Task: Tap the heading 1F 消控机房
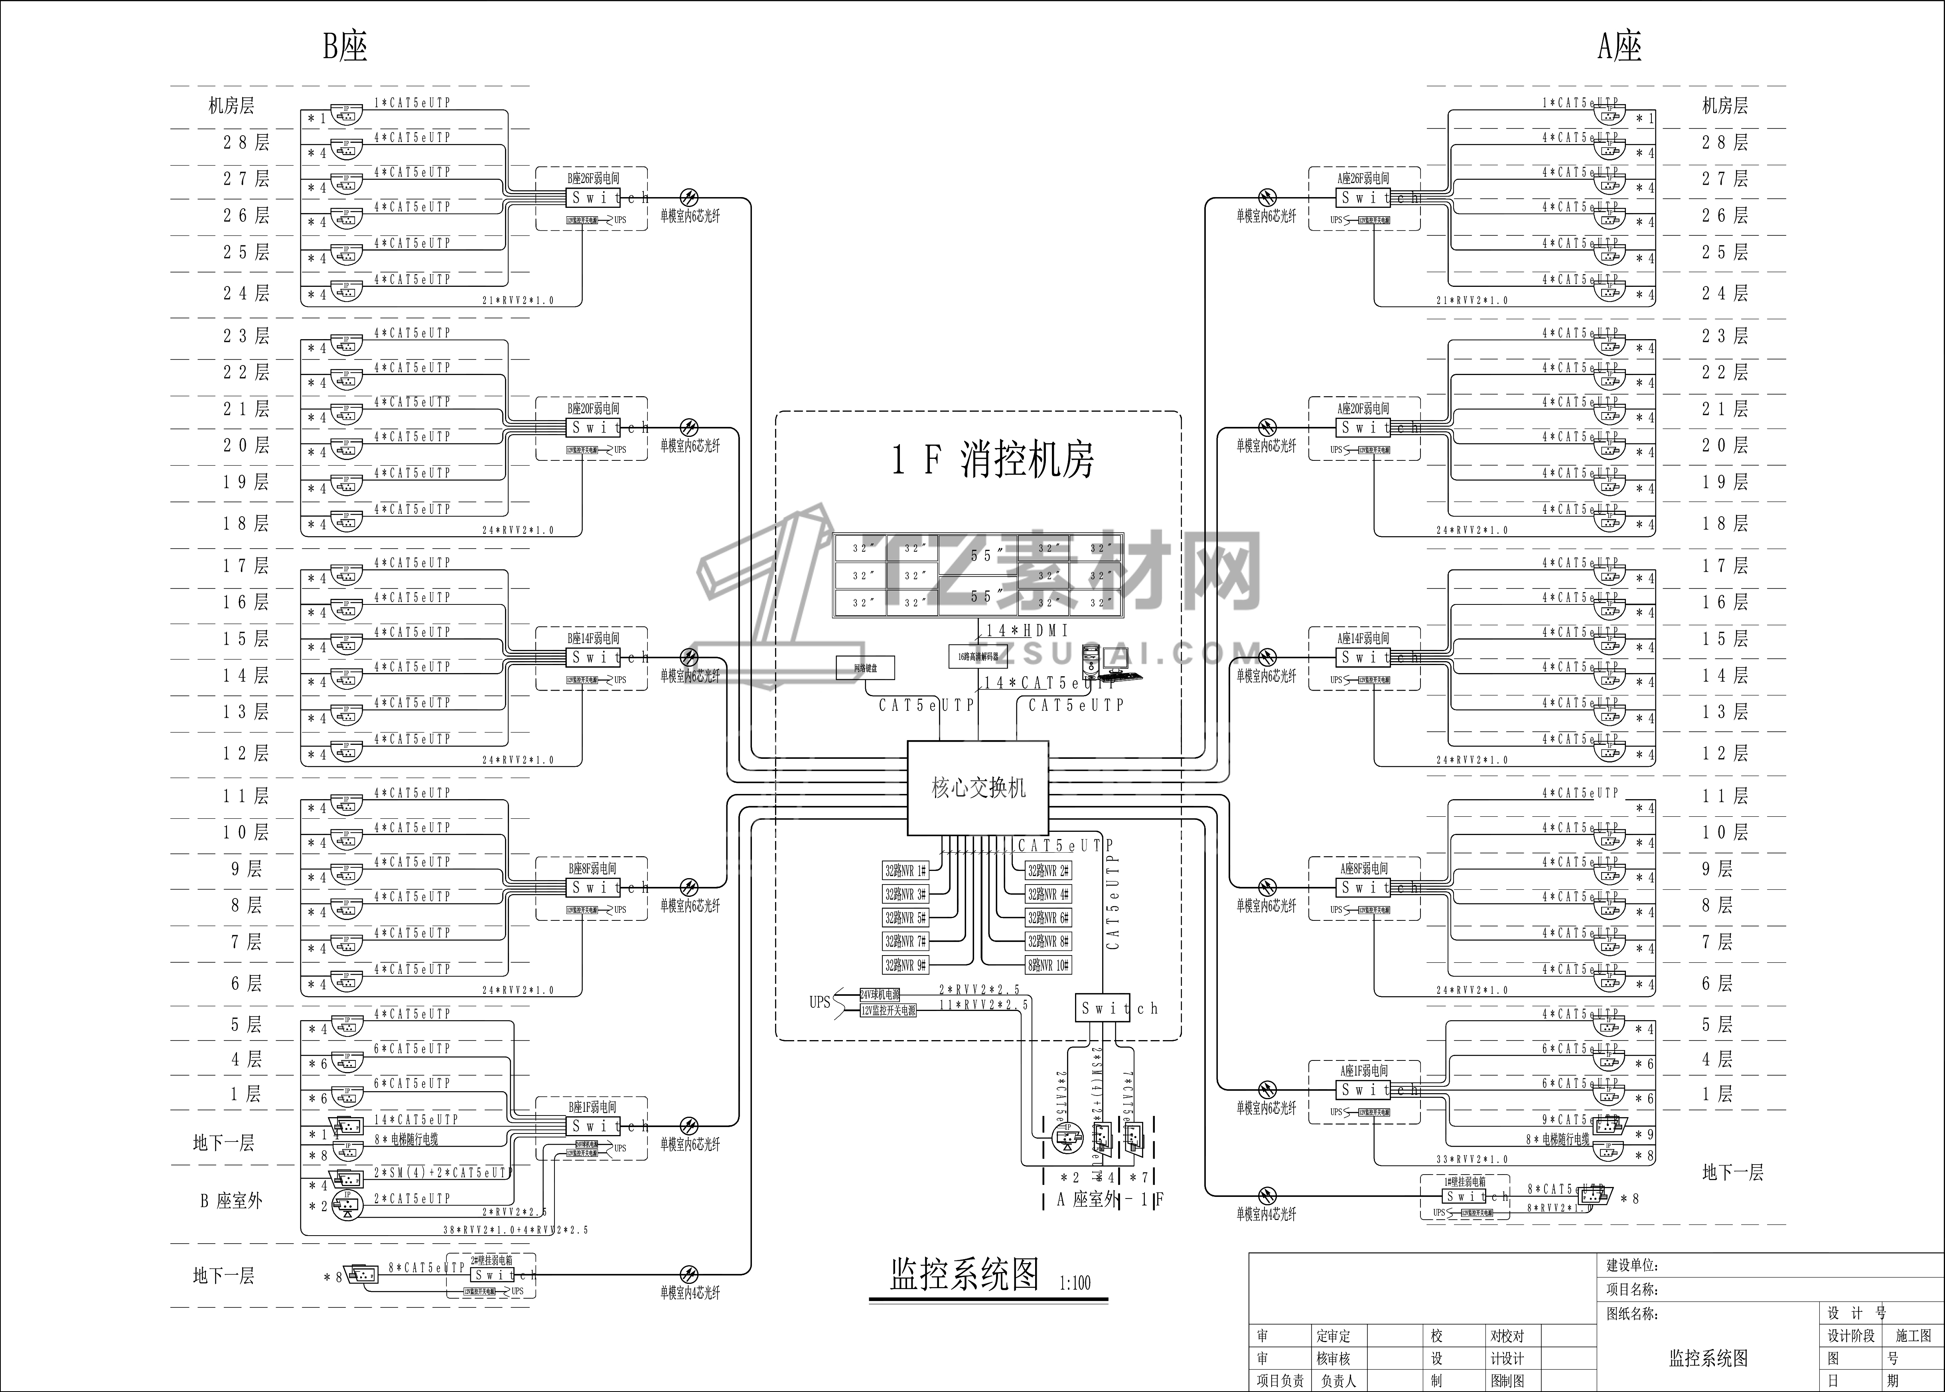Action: pos(992,460)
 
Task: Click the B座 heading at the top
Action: pos(345,46)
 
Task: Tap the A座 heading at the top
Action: pos(1620,46)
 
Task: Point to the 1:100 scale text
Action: pos(1075,1283)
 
